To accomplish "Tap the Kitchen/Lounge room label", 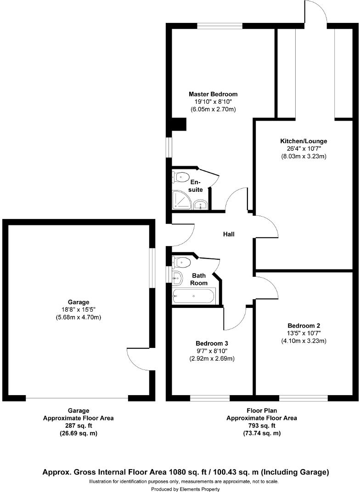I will pyautogui.click(x=304, y=141).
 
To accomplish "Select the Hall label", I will pyautogui.click(x=229, y=235).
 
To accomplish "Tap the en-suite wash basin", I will pyautogui.click(x=199, y=205).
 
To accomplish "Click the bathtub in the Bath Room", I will pyautogui.click(x=193, y=296).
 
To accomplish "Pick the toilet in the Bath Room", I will pyautogui.click(x=182, y=262).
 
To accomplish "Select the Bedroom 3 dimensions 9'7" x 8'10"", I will pyautogui.click(x=212, y=351).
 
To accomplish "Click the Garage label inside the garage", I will pyautogui.click(x=78, y=302).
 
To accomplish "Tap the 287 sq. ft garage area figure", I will pyautogui.click(x=78, y=426).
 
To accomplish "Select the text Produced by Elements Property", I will pyautogui.click(x=183, y=489).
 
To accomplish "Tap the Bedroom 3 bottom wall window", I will pyautogui.click(x=210, y=398).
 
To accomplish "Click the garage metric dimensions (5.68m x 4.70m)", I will pyautogui.click(x=78, y=318).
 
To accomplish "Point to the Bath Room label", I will pyautogui.click(x=199, y=279).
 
